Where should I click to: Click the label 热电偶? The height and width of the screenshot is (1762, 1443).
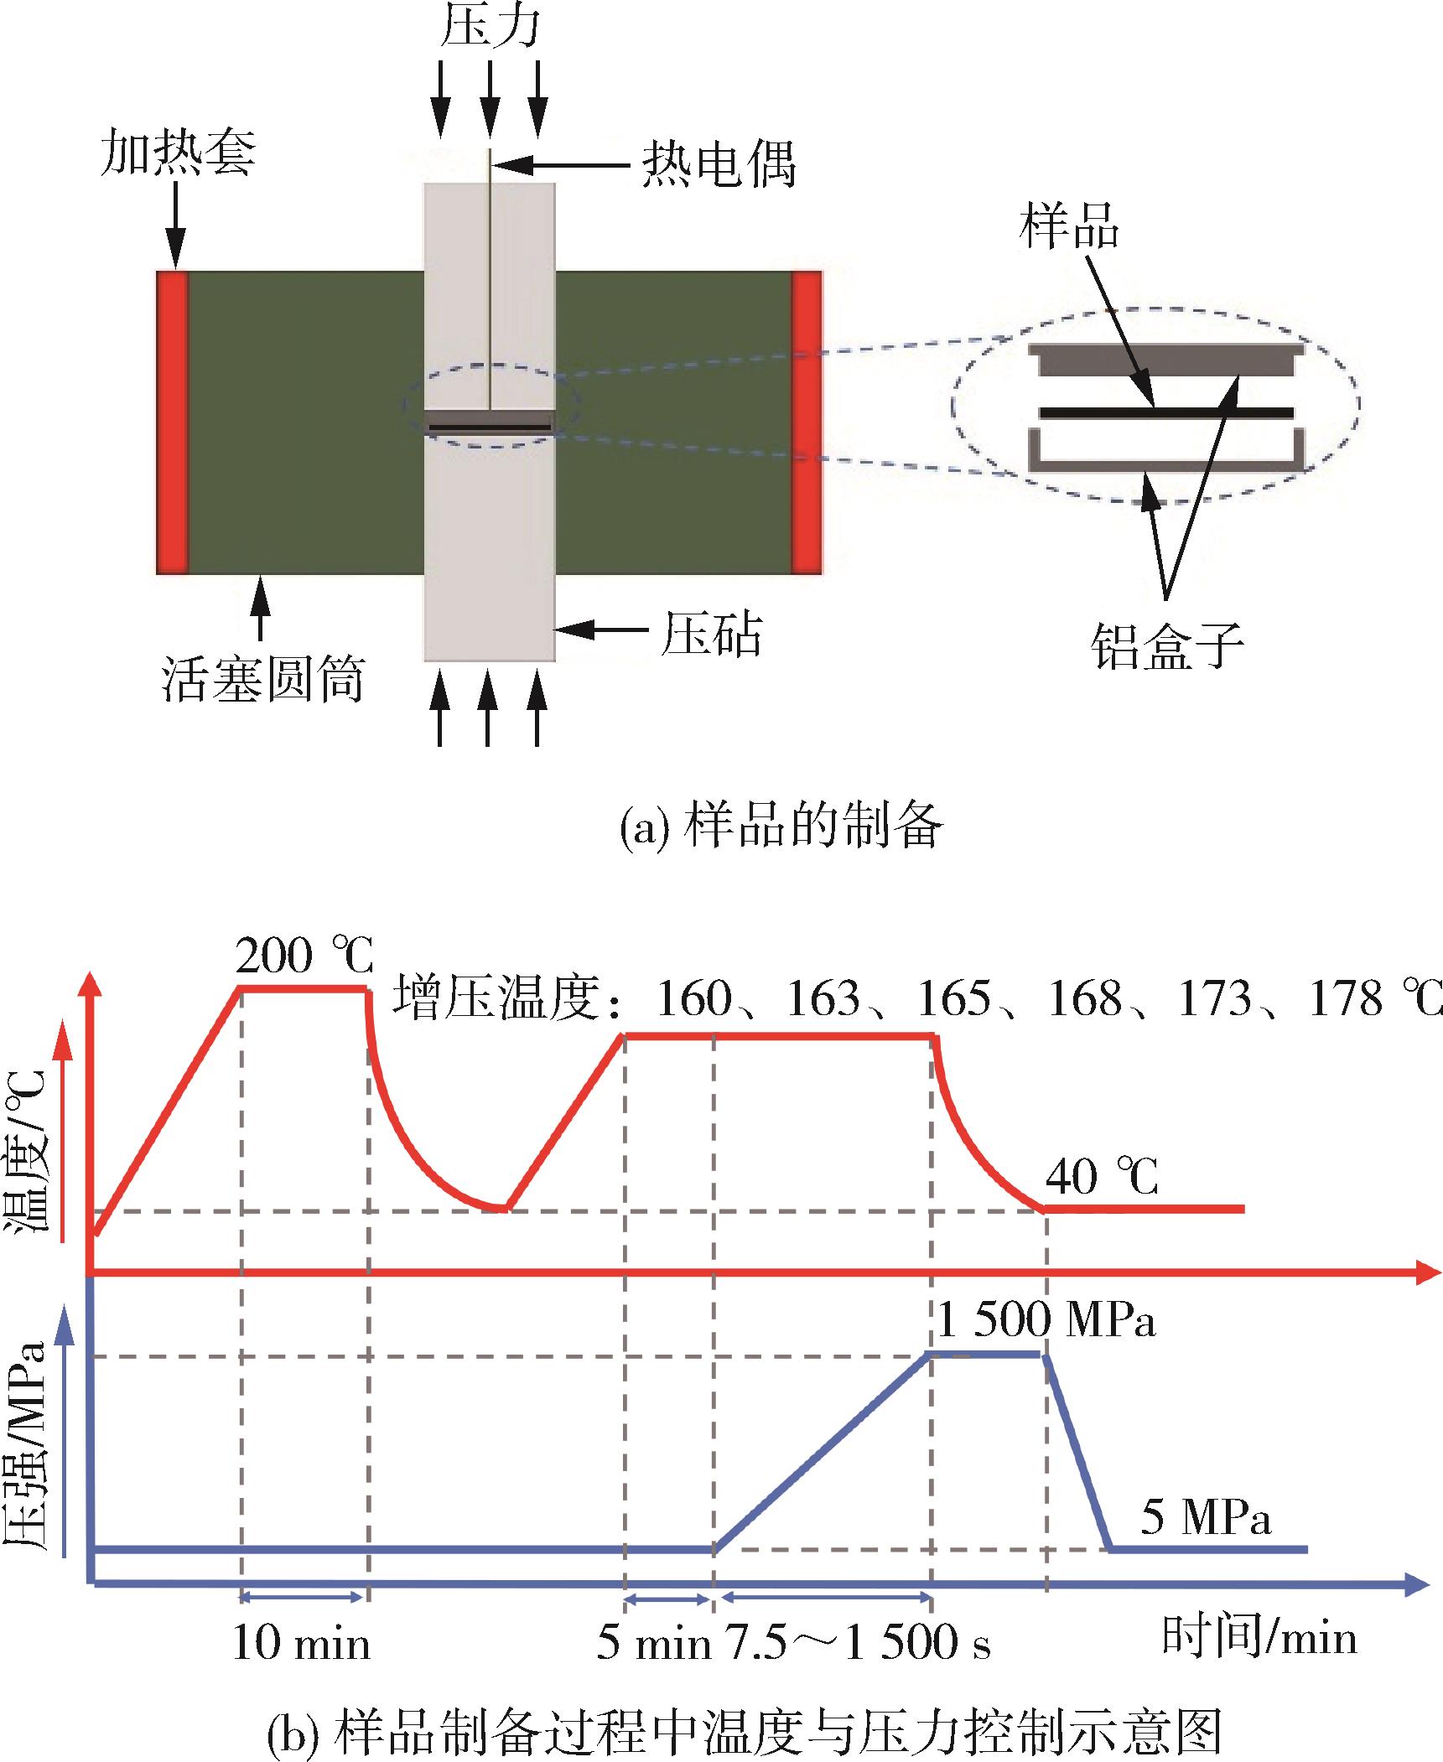719,163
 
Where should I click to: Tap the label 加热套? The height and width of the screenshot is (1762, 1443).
178,153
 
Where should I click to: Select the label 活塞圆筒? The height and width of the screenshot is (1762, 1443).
263,679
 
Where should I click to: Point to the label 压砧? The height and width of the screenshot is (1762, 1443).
711,634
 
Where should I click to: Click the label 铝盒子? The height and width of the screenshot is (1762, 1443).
1167,646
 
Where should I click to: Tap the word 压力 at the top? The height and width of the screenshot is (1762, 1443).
491,27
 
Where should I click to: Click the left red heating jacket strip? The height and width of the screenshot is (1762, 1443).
172,422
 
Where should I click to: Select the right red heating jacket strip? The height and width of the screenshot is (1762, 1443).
807,422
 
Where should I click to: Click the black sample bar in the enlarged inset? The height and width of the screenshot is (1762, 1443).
1165,412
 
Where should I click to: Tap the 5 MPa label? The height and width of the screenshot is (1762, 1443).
1206,1517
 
